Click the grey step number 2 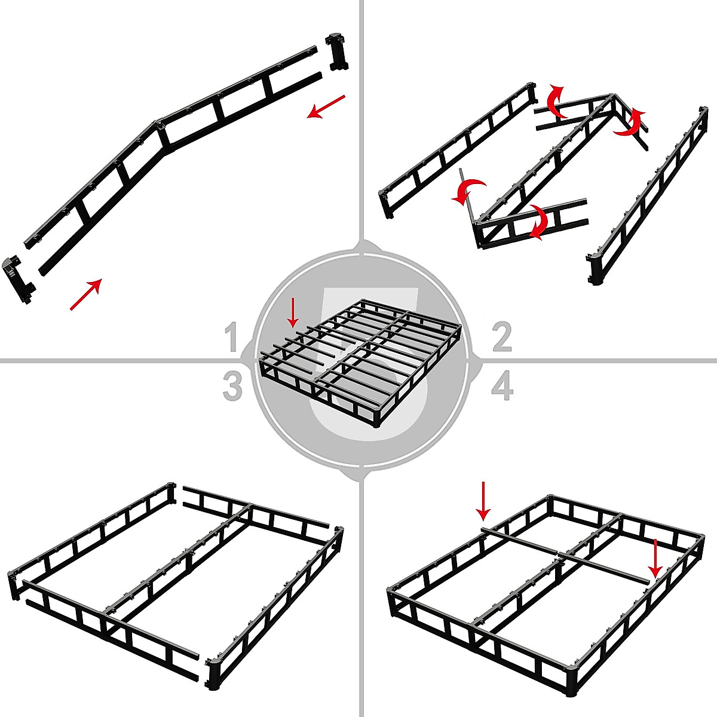click(501, 337)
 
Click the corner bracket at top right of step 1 click(337, 52)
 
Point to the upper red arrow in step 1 click(326, 106)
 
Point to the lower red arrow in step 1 click(85, 295)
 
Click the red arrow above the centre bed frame click(292, 312)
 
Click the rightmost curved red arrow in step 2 click(632, 122)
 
